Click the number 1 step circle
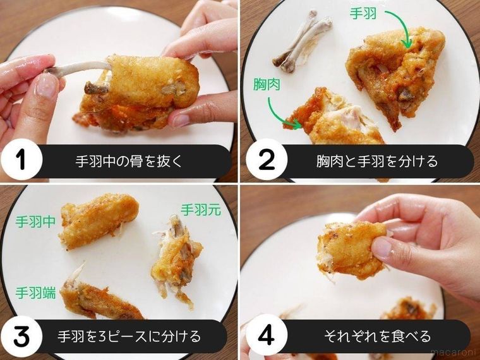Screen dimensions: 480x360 (21, 159)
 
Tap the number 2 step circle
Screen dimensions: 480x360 (267, 159)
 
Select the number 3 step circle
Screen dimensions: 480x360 (21, 336)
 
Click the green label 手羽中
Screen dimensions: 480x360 (35, 222)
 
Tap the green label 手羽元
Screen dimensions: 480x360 (201, 210)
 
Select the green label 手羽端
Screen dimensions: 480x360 (35, 293)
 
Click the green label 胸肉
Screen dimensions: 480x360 (267, 85)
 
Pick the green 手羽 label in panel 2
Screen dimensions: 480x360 (363, 14)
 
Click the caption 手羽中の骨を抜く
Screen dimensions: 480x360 (129, 161)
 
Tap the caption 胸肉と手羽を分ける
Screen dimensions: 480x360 (377, 161)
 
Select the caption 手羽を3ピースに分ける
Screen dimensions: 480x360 (129, 336)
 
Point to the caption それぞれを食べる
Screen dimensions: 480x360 (378, 336)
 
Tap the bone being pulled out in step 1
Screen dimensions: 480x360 (78, 68)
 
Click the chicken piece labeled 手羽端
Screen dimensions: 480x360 (98, 300)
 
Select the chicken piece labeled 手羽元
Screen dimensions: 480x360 (177, 260)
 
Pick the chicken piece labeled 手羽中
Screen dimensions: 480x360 (98, 220)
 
